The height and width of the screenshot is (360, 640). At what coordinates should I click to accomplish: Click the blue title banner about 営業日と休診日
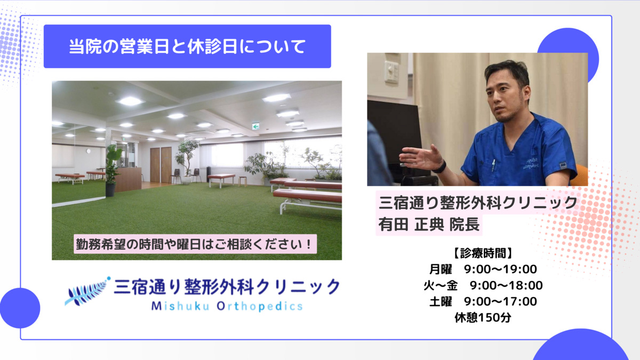(x=187, y=46)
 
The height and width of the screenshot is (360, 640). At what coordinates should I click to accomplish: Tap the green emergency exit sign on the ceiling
(x=255, y=126)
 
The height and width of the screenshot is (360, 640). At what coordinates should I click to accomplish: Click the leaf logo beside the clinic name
(x=87, y=291)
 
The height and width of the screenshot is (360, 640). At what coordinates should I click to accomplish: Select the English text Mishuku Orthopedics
(x=227, y=306)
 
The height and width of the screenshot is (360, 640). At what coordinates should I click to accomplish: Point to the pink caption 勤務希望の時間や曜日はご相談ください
(x=195, y=244)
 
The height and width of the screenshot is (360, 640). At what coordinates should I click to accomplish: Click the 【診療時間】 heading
(x=483, y=253)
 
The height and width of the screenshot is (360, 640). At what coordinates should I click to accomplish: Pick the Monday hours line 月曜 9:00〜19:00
(x=483, y=269)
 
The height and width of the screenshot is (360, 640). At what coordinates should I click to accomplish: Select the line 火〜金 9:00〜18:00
(x=483, y=285)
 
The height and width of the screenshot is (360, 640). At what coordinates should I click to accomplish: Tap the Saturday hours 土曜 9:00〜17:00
(x=483, y=301)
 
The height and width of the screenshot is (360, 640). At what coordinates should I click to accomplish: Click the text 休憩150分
(x=483, y=317)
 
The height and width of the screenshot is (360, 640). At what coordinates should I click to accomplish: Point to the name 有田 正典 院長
(x=429, y=225)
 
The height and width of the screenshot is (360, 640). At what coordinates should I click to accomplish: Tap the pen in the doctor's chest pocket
(x=493, y=165)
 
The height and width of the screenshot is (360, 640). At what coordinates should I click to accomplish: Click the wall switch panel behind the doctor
(x=391, y=71)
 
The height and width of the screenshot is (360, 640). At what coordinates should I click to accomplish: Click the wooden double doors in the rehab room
(x=161, y=165)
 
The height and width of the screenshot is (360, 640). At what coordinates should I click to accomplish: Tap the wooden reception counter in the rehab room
(x=129, y=179)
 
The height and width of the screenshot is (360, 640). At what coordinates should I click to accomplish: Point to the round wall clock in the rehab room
(x=89, y=151)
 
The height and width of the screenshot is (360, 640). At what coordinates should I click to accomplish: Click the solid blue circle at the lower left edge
(x=20, y=308)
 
